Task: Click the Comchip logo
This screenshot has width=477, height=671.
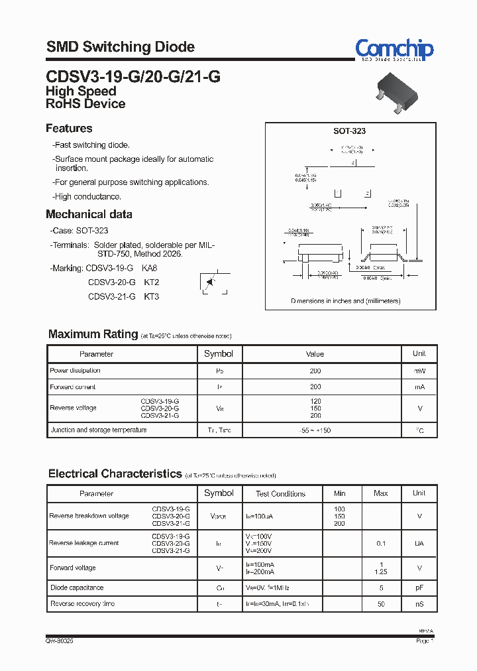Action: tap(394, 50)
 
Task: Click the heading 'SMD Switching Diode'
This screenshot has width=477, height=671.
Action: tap(120, 47)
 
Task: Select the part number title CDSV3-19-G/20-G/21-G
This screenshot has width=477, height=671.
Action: tap(133, 77)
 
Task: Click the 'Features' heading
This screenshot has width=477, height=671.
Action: tap(69, 129)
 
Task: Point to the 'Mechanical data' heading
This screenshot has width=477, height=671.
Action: tap(89, 214)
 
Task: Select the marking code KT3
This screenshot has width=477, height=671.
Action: tap(152, 296)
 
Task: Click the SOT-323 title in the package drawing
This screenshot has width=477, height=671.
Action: tap(349, 131)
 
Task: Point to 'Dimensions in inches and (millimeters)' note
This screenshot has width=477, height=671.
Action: tap(346, 301)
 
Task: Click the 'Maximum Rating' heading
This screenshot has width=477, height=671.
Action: tap(93, 334)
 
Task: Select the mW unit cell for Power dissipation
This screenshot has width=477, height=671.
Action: tap(419, 371)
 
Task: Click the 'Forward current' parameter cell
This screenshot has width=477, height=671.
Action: tap(73, 387)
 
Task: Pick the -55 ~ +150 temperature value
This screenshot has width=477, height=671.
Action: tap(315, 430)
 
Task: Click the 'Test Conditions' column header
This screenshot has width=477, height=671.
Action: tap(281, 494)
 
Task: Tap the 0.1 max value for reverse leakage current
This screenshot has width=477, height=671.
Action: tap(381, 544)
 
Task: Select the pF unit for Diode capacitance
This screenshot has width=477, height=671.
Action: tap(419, 588)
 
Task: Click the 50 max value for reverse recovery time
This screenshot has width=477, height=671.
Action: tap(381, 604)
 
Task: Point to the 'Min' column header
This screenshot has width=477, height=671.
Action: tap(340, 493)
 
